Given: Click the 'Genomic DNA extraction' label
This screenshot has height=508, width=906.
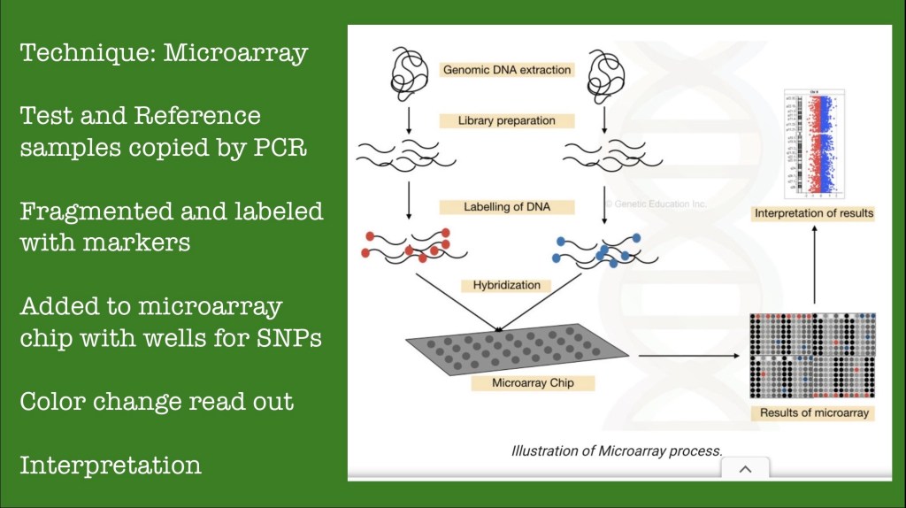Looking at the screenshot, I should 507,69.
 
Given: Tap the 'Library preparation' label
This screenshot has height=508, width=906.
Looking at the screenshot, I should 507,120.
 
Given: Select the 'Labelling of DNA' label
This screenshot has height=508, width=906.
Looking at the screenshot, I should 507,207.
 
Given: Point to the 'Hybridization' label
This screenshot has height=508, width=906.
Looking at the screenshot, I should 506,286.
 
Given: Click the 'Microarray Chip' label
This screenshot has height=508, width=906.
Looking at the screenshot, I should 531,384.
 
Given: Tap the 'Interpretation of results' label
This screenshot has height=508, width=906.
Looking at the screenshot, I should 813,213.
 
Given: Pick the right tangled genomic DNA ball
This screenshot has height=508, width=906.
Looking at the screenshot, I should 605,70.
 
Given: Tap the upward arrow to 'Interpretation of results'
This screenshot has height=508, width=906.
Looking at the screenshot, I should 813,266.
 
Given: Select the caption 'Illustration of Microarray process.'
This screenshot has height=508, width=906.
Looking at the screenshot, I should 617,450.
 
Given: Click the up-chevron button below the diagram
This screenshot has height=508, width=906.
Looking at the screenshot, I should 744,469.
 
